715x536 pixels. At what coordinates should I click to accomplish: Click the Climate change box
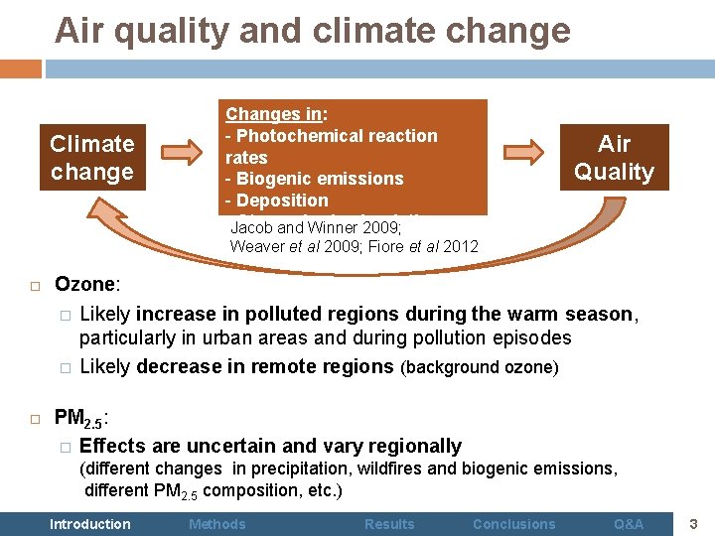[x=92, y=157]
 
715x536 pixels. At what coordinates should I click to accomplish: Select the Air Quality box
[x=614, y=157]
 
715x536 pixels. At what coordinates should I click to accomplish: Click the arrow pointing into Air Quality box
[x=523, y=152]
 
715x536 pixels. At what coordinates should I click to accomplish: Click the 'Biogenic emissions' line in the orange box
[x=315, y=179]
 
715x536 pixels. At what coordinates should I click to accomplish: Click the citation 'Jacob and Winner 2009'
[x=315, y=227]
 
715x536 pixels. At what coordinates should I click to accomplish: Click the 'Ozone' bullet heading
[x=86, y=285]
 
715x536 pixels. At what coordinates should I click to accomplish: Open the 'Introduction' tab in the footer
[x=90, y=524]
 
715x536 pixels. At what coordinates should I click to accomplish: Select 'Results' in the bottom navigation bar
[x=389, y=524]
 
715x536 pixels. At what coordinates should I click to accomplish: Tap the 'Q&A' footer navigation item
[x=629, y=524]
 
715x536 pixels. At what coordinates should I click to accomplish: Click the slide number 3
[x=694, y=523]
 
